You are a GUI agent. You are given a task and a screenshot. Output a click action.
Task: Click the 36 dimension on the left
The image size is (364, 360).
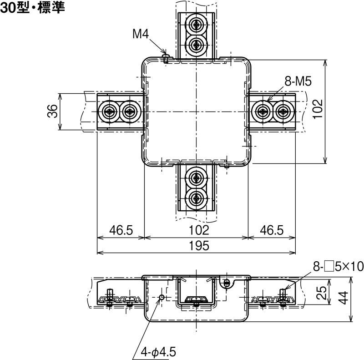(53, 112)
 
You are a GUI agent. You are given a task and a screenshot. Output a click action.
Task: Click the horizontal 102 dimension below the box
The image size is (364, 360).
(196, 230)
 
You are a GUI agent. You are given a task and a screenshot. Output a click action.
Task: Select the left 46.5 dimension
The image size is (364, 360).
(121, 230)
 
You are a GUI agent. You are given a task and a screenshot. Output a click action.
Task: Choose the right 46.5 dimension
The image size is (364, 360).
(271, 230)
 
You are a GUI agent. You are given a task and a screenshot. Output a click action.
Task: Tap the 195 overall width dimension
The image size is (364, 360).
(196, 246)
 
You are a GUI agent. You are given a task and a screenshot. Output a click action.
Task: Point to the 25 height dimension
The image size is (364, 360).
(322, 292)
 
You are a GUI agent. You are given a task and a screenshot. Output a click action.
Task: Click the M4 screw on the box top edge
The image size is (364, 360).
(166, 58)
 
